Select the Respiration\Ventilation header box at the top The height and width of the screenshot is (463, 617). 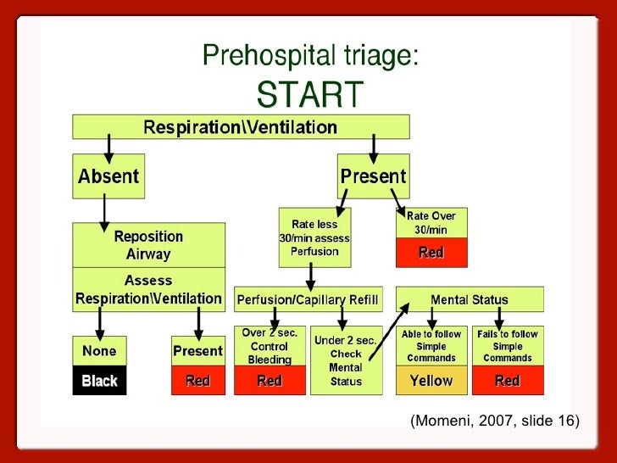[x=241, y=128]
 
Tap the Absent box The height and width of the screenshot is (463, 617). [x=108, y=177]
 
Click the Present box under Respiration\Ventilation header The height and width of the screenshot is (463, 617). [x=373, y=177]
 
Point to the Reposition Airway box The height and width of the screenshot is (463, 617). [x=148, y=244]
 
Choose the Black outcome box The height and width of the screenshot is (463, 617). [x=99, y=381]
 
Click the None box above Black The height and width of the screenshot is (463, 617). [x=99, y=351]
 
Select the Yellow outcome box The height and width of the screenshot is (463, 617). [x=431, y=381]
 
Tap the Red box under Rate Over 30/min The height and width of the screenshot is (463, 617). [x=431, y=252]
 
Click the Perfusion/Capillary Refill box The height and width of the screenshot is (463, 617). [x=308, y=299]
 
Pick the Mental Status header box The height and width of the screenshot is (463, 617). [x=470, y=299]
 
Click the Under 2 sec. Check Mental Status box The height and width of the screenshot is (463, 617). [x=345, y=360]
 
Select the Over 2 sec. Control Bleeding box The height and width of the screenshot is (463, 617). [x=270, y=345]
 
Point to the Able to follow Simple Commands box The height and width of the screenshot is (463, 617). [x=431, y=345]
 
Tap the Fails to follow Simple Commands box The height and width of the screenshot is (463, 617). [x=507, y=345]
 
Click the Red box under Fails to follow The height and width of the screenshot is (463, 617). [x=507, y=381]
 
